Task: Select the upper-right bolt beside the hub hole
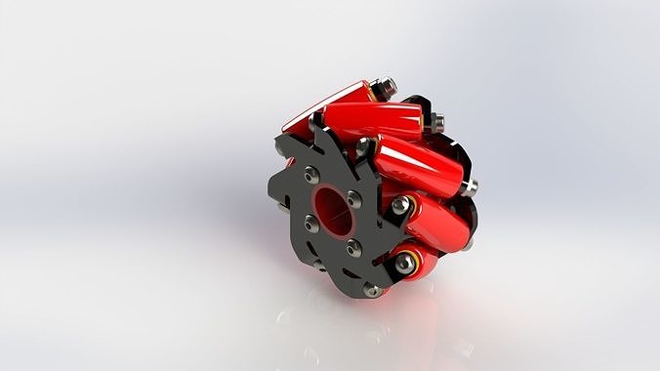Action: (x=353, y=200)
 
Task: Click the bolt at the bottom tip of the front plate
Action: (x=372, y=289)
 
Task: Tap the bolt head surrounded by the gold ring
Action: (x=402, y=262)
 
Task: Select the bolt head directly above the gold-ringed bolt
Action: (x=400, y=205)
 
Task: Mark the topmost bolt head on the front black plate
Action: (x=363, y=146)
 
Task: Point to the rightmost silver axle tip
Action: (x=472, y=185)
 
